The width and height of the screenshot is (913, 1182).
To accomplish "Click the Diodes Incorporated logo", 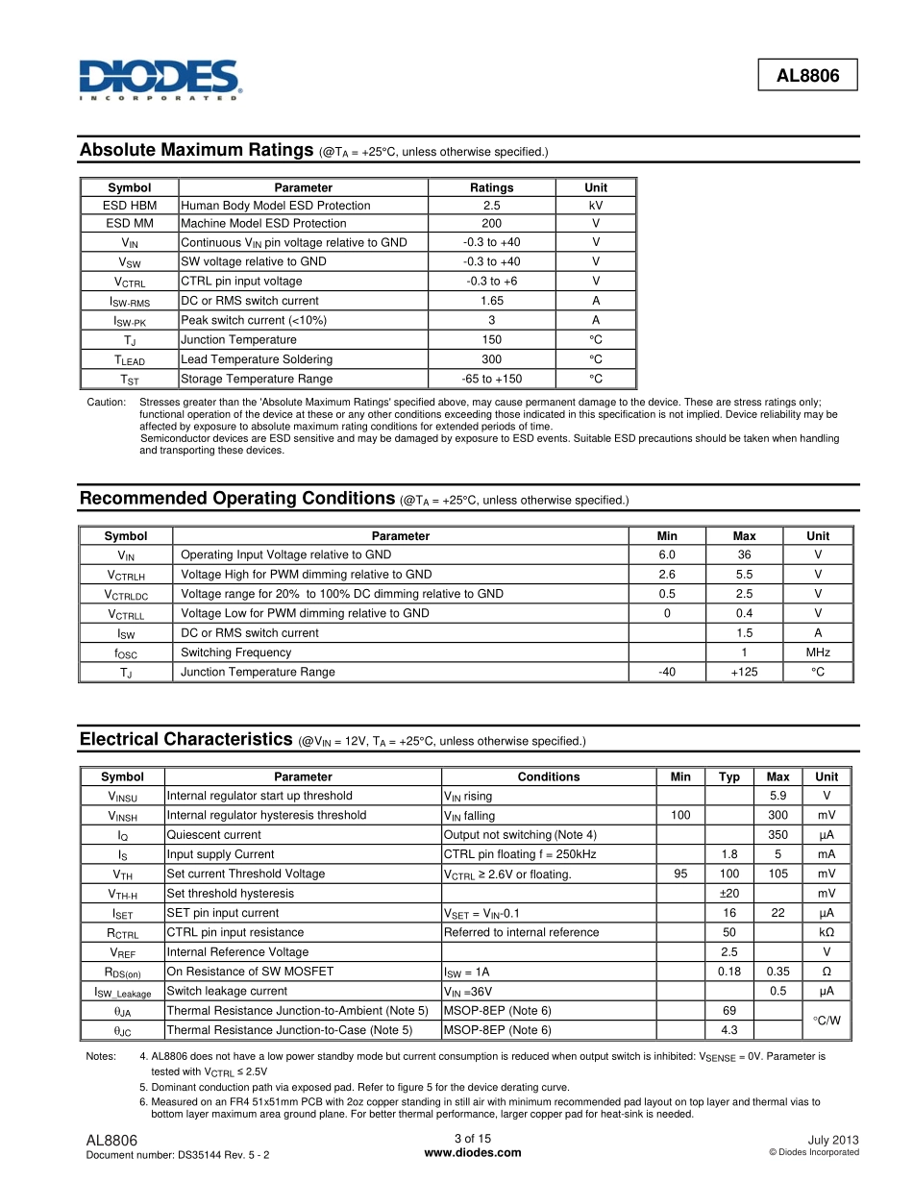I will [x=160, y=80].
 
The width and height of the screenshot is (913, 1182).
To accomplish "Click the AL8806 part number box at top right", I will [x=807, y=74].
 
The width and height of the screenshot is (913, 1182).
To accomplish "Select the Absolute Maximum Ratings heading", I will [x=197, y=150].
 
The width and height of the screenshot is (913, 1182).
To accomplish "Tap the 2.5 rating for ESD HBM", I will [x=491, y=206].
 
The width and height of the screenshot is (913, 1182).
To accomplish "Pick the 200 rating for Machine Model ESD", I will [x=491, y=224].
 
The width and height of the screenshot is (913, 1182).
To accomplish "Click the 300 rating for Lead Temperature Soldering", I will [x=491, y=359].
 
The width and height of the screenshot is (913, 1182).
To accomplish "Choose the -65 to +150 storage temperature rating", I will [x=491, y=380].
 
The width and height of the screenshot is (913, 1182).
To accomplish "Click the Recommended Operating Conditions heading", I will [x=237, y=498].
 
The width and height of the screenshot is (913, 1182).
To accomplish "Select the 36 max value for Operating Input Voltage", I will [x=744, y=554].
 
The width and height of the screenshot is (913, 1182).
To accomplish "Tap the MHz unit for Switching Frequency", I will [x=818, y=653].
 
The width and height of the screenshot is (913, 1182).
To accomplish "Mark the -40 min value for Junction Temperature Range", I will [x=666, y=672].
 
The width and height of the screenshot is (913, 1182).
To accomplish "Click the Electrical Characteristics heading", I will [x=185, y=739].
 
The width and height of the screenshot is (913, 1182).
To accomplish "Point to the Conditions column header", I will [x=549, y=776].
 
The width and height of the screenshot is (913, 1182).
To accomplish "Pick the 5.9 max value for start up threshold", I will [x=778, y=796].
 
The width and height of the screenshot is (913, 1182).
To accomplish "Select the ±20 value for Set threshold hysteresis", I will [x=729, y=894].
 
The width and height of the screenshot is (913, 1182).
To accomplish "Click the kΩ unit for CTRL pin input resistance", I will [x=827, y=932].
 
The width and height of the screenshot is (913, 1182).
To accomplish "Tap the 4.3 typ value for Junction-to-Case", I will [x=729, y=1030].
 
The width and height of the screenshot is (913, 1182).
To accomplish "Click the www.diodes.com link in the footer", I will [x=472, y=1153].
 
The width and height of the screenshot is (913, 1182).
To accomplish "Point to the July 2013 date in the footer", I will [x=833, y=1140].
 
